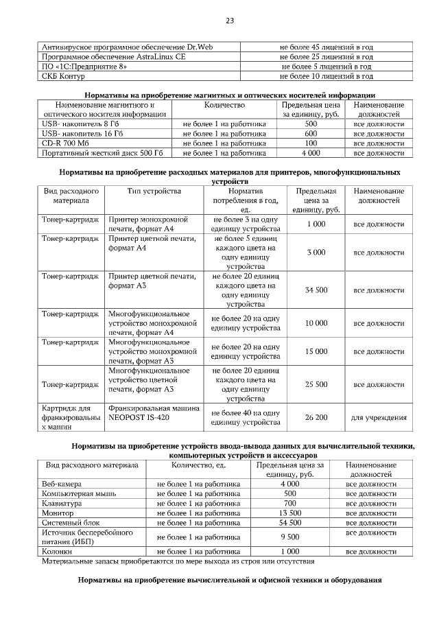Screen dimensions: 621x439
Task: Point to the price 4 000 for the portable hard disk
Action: click(310, 153)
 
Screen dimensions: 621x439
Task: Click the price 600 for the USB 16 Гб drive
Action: click(310, 134)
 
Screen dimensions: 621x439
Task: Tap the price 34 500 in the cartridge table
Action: click(316, 290)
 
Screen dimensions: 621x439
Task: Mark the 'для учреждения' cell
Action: click(379, 417)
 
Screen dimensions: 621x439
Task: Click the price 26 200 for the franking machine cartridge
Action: click(316, 417)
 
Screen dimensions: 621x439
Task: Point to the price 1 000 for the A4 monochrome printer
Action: click(316, 224)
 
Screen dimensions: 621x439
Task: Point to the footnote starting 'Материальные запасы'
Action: click(178, 561)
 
